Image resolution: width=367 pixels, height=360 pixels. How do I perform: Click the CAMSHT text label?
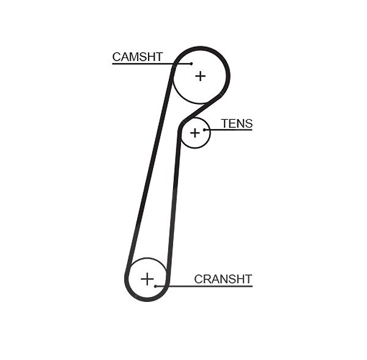pyautogui.click(x=138, y=57)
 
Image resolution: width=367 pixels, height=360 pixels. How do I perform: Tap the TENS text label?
pyautogui.click(x=237, y=123)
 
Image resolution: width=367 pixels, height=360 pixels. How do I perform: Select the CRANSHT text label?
pyautogui.click(x=223, y=279)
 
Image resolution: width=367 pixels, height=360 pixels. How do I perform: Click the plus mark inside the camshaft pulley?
pyautogui.click(x=201, y=76)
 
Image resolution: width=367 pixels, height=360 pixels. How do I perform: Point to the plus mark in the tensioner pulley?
pyautogui.click(x=195, y=133)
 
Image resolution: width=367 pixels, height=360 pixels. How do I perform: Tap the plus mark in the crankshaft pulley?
pyautogui.click(x=147, y=279)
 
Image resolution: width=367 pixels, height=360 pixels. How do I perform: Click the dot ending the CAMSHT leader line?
pyautogui.click(x=191, y=64)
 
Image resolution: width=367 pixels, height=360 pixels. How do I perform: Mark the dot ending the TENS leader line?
pyautogui.click(x=204, y=130)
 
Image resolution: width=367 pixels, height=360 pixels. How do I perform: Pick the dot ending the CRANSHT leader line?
pyautogui.click(x=155, y=286)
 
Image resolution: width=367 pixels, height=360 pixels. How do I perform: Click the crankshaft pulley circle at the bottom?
pyautogui.click(x=147, y=258)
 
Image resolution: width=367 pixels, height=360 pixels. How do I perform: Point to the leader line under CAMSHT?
pyautogui.click(x=152, y=64)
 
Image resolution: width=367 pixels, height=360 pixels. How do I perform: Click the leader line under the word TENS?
pyautogui.click(x=228, y=130)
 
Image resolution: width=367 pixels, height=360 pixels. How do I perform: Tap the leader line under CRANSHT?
pyautogui.click(x=204, y=286)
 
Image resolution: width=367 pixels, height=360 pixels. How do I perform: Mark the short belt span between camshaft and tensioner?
pyautogui.click(x=201, y=108)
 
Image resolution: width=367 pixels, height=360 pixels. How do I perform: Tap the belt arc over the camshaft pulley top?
pyautogui.click(x=201, y=48)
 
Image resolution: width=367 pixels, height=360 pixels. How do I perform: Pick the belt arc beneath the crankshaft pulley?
pyautogui.click(x=147, y=299)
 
